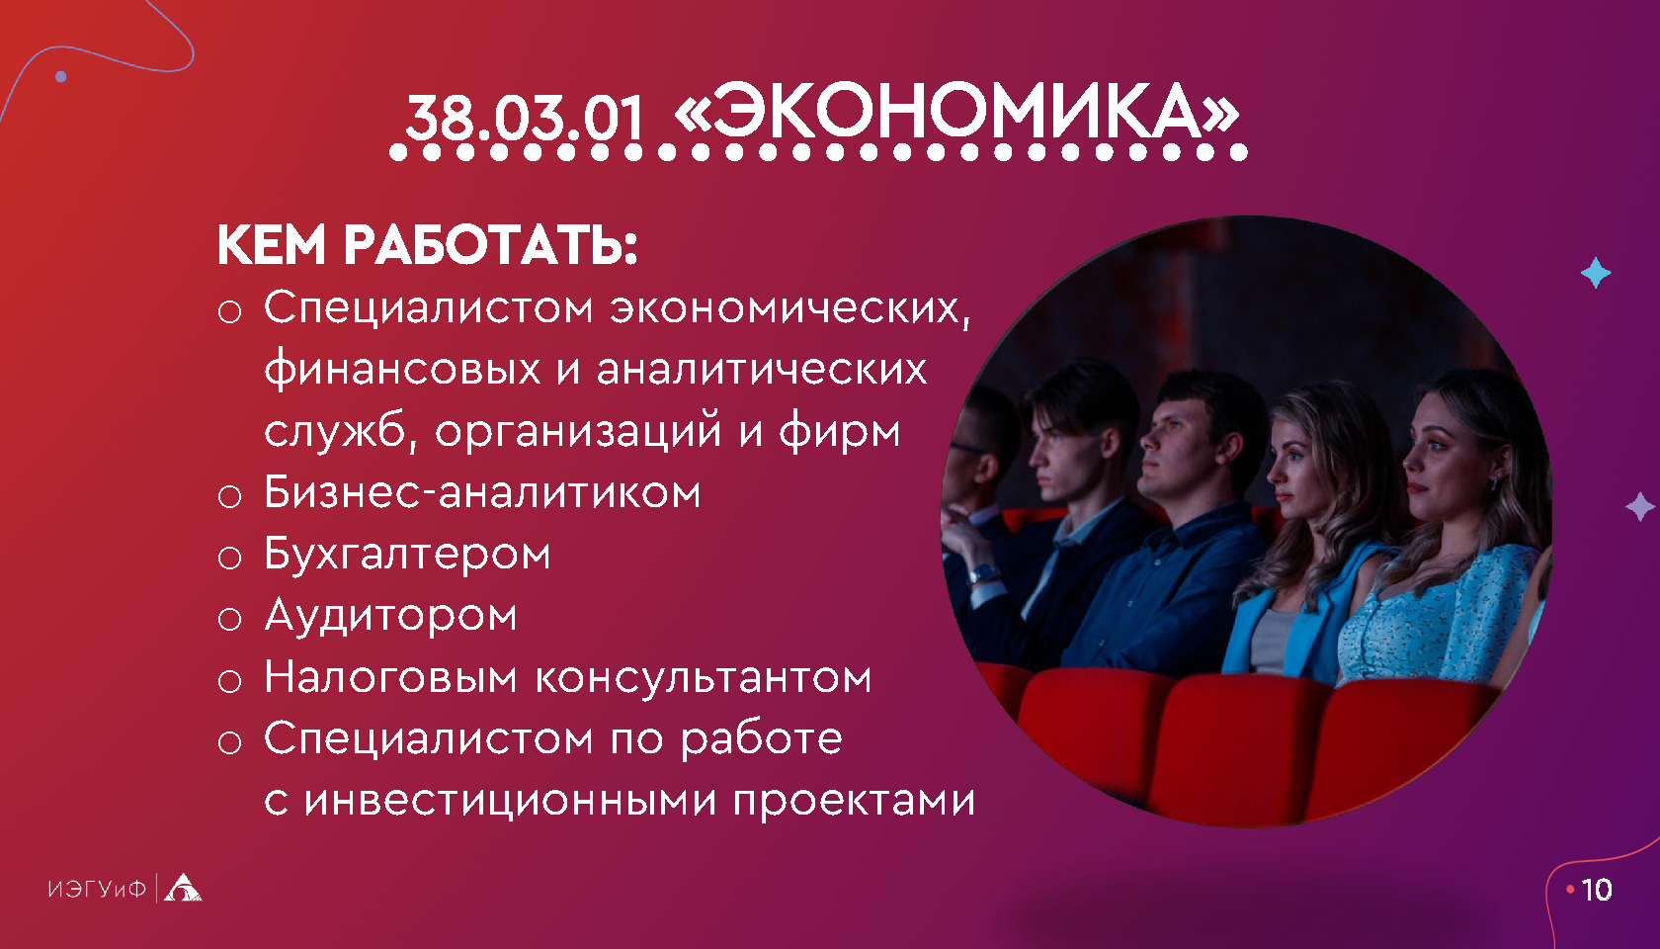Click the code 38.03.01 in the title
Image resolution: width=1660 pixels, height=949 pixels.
[x=525, y=119]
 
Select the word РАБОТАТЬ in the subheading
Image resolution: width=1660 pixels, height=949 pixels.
[x=490, y=245]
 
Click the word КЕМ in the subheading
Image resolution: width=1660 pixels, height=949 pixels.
[x=271, y=245]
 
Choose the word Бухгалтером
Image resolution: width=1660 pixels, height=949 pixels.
[x=407, y=554]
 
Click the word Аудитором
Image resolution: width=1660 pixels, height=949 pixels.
[x=390, y=616]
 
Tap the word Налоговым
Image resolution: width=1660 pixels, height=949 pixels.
[x=390, y=677]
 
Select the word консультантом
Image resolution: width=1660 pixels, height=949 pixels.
[x=704, y=677]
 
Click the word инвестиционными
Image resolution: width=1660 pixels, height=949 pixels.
[x=511, y=801]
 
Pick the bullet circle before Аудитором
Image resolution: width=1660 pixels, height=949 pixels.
[x=229, y=619]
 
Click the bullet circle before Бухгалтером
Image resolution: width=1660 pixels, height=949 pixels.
[x=229, y=558]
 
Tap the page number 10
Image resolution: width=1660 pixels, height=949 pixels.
[x=1597, y=890]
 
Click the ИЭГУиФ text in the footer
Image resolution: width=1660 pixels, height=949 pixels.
[x=97, y=889]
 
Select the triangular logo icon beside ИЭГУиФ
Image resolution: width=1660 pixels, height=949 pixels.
[x=182, y=888]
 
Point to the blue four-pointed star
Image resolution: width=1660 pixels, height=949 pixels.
[x=1596, y=273]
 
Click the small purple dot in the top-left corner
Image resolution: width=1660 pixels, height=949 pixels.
[x=61, y=76]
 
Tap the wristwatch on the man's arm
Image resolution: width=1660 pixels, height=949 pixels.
[x=984, y=573]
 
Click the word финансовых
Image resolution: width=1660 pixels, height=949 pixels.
[x=402, y=370]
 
